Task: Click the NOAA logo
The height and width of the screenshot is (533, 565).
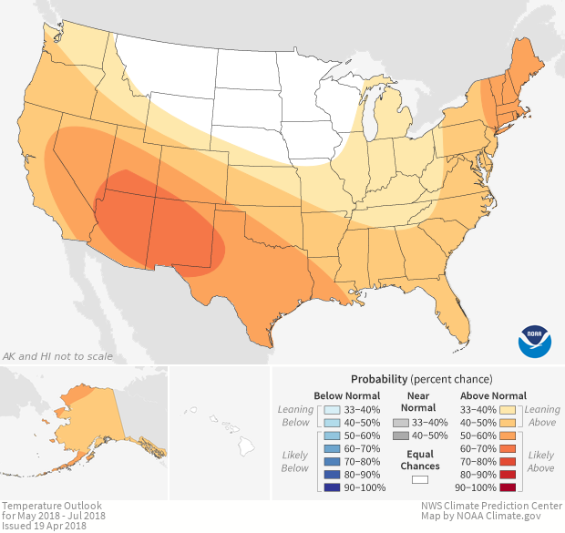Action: (x=535, y=339)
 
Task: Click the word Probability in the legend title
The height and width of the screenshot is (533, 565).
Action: (x=378, y=378)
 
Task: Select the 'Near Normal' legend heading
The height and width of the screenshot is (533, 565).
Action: (x=419, y=402)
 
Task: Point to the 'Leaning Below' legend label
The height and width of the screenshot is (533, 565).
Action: (x=296, y=415)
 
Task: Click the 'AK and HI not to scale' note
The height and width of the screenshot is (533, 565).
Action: (x=57, y=355)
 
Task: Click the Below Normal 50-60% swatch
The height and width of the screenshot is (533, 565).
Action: (x=332, y=437)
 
